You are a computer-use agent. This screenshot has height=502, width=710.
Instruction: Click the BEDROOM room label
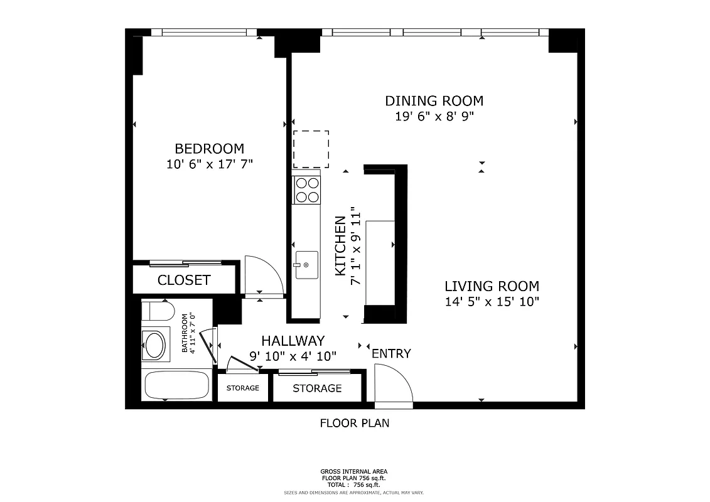209,149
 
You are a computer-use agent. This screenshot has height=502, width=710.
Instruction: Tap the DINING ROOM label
434,100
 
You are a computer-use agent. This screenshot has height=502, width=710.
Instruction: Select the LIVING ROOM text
492,286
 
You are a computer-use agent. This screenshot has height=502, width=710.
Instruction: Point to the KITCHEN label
340,246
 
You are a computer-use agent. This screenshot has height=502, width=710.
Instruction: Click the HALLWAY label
293,341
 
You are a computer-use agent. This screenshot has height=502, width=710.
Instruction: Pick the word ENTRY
391,353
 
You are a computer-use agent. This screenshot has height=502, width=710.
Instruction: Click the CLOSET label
184,280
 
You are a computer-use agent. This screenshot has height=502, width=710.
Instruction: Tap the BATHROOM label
185,333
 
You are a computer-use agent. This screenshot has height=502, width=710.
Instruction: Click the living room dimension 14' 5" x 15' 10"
492,301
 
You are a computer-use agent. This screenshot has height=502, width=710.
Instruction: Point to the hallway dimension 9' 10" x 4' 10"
293,356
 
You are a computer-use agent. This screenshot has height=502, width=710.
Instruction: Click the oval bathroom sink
154,344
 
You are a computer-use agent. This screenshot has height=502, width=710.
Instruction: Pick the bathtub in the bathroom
176,385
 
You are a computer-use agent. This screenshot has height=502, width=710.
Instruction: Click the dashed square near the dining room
311,149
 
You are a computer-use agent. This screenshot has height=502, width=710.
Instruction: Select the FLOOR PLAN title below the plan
354,423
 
